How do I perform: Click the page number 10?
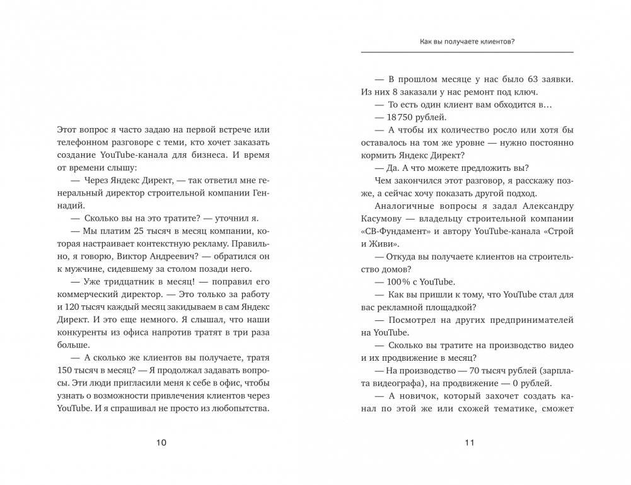tap(161, 442)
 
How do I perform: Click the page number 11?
tap(468, 442)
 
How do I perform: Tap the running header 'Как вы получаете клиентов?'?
tap(467, 42)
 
